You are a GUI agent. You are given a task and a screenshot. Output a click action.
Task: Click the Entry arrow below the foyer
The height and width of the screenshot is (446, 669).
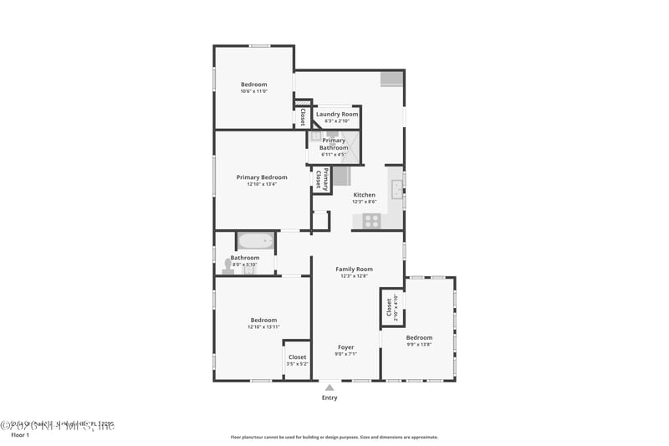pos(329,387)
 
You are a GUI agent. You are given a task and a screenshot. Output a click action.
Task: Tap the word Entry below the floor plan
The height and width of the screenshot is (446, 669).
pos(329,397)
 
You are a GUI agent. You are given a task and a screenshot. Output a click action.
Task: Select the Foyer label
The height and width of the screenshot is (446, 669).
pos(345,347)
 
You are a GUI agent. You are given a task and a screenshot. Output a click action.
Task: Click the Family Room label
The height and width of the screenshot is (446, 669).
pos(354,269)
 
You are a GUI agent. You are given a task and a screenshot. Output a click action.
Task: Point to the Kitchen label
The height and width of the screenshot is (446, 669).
pos(364,195)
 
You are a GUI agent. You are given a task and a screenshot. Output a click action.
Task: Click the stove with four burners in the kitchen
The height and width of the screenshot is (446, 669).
pos(370,221)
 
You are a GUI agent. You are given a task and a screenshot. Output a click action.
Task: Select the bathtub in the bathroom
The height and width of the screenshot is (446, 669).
pos(255,242)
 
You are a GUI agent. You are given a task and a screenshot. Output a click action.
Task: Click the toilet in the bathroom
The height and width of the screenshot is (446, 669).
pos(227,266)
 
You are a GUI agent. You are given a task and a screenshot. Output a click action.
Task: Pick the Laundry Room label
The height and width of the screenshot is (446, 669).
pos(337,114)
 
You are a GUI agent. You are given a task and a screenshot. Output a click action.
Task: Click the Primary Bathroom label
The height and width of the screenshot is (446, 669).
pos(334,144)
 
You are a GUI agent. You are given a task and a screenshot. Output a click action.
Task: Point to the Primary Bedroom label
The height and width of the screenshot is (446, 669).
pos(262,177)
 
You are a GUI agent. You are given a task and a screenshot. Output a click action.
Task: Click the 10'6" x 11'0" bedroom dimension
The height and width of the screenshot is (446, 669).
pos(253,91)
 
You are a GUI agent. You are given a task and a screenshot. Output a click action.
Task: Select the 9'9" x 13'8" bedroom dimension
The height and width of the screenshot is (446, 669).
pos(419,344)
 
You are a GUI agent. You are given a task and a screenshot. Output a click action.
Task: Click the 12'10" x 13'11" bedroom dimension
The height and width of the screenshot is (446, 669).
pos(263,327)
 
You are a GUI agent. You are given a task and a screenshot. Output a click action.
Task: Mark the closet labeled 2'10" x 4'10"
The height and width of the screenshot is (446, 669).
pos(391,307)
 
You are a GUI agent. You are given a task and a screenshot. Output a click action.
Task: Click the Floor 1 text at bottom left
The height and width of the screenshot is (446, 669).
pos(19,435)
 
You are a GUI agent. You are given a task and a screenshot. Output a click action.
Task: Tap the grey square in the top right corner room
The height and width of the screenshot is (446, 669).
pos(391,79)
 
